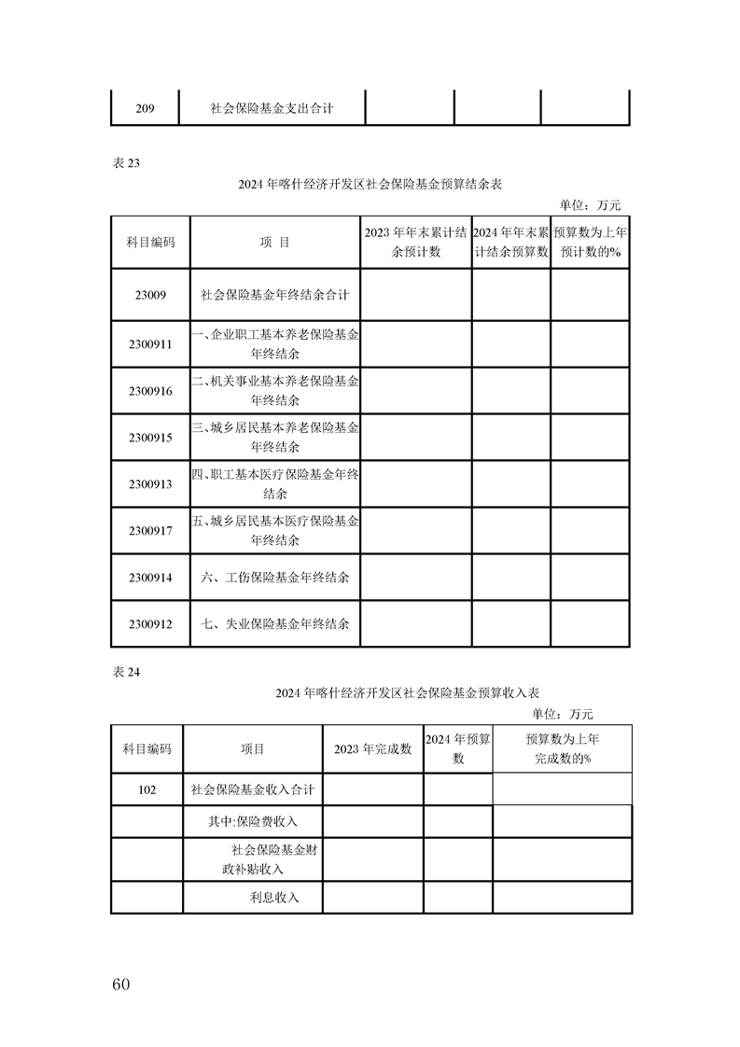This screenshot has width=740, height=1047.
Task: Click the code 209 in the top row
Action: (x=145, y=109)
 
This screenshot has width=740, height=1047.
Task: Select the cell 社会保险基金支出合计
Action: (x=272, y=109)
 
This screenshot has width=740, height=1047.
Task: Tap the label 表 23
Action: (x=125, y=163)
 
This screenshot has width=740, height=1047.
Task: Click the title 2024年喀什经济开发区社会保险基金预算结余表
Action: (x=370, y=185)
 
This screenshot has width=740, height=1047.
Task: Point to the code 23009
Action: (x=150, y=295)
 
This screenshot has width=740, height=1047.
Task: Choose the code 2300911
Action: (x=150, y=343)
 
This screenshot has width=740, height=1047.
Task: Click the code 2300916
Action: (x=150, y=391)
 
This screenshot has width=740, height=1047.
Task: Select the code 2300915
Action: (x=150, y=438)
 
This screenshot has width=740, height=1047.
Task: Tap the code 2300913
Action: (x=150, y=484)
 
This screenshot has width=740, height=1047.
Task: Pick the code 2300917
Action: (x=150, y=531)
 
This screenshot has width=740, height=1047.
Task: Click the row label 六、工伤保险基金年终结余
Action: (x=275, y=578)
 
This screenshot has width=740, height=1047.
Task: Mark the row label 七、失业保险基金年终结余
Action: (x=275, y=623)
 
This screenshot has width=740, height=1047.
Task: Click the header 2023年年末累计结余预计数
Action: (x=415, y=242)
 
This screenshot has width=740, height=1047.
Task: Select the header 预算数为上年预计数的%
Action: (x=590, y=242)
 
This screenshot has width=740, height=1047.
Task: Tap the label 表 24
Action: (x=125, y=670)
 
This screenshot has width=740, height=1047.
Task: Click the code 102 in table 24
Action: (x=147, y=789)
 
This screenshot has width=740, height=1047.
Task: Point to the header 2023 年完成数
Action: (x=373, y=749)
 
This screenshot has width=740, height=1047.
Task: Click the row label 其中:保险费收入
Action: (x=253, y=821)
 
